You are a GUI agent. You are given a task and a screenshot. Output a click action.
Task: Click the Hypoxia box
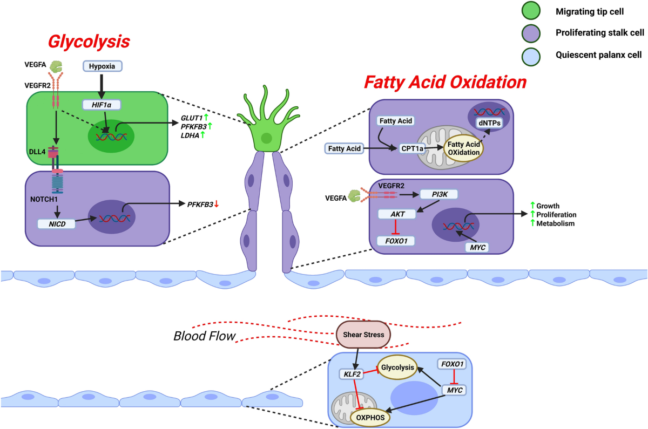point(102,66)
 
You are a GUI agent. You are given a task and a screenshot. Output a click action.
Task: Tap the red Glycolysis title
point(89,41)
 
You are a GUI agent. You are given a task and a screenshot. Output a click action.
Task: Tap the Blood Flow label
point(205,336)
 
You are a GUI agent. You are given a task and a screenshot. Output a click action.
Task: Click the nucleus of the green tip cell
point(266,139)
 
